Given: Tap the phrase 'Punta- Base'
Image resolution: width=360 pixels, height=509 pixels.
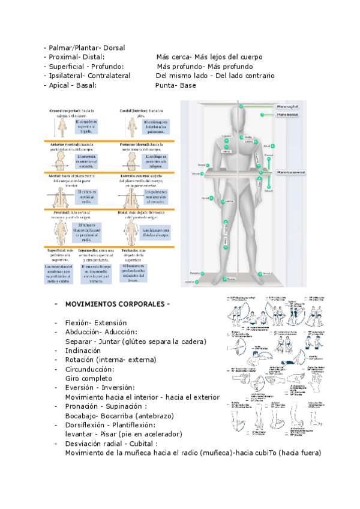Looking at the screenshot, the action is [175, 86].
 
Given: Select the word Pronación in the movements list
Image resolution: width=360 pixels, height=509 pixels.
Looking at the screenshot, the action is [85, 406].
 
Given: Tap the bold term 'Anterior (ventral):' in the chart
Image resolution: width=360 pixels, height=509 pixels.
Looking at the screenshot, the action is [65, 144].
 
